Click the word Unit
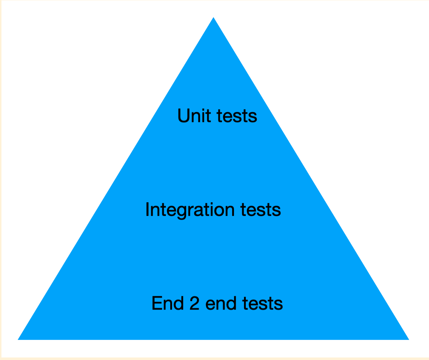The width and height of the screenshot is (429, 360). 194,116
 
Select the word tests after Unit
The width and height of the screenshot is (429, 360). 237,116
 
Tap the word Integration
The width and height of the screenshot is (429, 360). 190,210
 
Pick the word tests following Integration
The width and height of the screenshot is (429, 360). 261,210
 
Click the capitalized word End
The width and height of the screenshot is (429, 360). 168,303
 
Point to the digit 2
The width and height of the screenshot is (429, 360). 194,303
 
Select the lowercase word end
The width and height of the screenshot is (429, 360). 221,303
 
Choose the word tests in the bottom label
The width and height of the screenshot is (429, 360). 262,304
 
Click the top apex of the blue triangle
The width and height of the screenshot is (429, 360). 213,17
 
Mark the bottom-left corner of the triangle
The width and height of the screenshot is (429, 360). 18,339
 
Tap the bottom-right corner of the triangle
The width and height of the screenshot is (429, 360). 409,339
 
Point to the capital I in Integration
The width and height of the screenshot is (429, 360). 147,210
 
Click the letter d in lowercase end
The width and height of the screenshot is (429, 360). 231,303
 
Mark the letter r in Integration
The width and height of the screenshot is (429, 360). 191,211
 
